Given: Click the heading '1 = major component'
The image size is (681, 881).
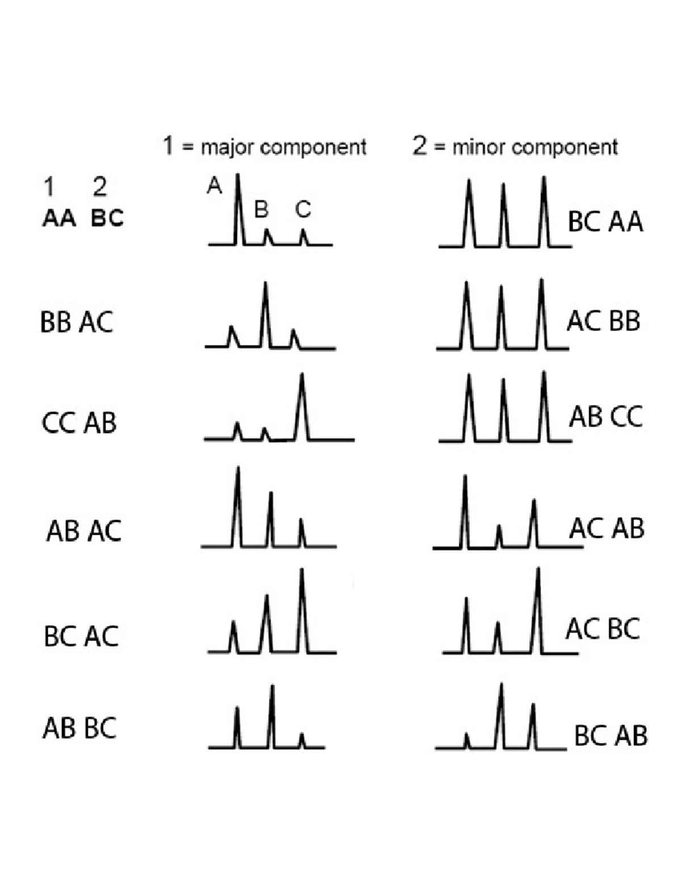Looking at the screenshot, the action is click(x=264, y=146).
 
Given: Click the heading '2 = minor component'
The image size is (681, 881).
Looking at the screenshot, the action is click(x=515, y=146).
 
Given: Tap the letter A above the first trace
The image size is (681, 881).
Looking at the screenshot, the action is click(x=215, y=186).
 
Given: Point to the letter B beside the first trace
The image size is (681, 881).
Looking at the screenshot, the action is click(x=261, y=209).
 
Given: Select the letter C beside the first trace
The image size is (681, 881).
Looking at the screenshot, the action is click(x=303, y=209).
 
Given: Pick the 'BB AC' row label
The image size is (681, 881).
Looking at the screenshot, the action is click(x=77, y=322).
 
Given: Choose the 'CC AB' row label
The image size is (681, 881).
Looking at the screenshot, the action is click(x=79, y=423).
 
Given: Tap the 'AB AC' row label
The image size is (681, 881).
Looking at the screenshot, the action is click(x=84, y=531).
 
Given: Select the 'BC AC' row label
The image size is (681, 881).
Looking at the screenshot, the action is click(x=81, y=636).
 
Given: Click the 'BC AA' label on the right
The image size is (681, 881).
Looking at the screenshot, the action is click(x=606, y=222).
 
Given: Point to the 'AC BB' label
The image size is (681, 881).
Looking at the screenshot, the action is click(x=603, y=321).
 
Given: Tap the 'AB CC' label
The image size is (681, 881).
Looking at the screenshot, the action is click(x=606, y=416).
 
